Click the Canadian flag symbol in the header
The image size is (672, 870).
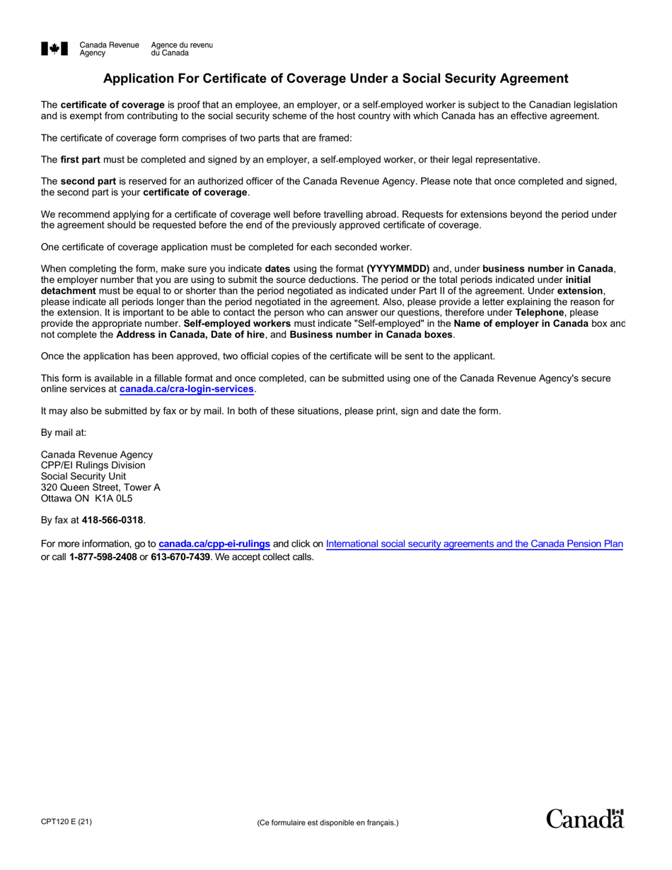(x=54, y=49)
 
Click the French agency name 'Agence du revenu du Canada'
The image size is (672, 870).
(x=181, y=49)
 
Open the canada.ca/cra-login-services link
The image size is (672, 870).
(x=186, y=389)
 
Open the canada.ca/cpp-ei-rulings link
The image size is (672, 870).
(x=214, y=544)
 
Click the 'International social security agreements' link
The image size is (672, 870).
(x=474, y=544)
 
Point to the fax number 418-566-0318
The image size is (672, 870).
(x=112, y=520)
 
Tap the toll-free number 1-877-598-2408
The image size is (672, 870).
(x=103, y=557)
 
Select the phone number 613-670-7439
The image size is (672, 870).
(x=180, y=557)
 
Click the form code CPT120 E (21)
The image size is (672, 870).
(x=66, y=821)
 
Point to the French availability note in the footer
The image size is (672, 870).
(x=328, y=823)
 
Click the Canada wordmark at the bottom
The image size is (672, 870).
(x=584, y=818)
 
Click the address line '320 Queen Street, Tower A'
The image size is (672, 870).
(x=100, y=487)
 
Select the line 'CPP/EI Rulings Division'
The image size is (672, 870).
(x=93, y=465)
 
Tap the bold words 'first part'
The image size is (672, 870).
(x=80, y=160)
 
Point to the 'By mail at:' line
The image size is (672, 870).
(x=64, y=432)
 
